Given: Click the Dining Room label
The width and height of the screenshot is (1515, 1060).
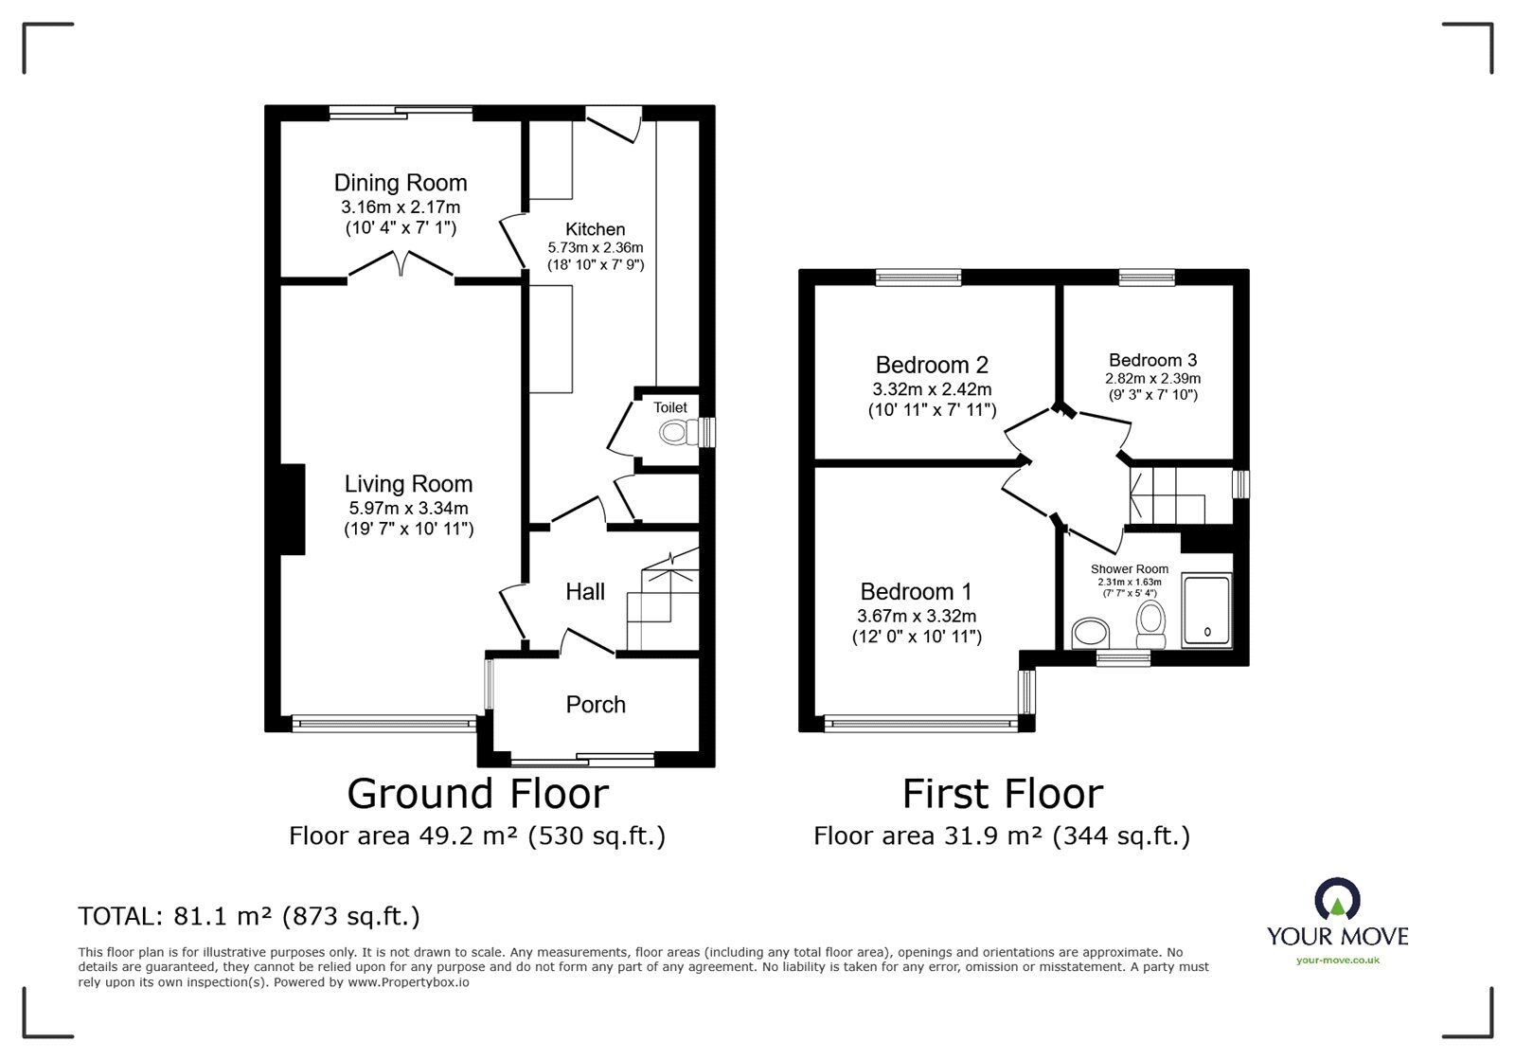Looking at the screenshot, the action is click(401, 183).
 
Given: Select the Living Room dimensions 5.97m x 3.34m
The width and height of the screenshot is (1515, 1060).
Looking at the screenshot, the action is click(408, 508).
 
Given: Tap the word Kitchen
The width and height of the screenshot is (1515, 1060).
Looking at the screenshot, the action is click(596, 229).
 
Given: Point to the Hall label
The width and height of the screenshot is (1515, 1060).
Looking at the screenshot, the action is click(585, 592).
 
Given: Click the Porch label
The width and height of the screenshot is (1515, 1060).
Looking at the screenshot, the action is click(596, 705).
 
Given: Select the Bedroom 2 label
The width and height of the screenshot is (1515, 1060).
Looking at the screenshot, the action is click(932, 366).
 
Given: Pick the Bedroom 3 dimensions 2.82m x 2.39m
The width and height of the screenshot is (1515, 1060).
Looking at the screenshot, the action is click(1153, 378).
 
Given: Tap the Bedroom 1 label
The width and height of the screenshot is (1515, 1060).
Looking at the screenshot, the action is click(916, 592).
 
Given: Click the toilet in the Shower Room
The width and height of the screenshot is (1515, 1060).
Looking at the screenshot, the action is click(1150, 625).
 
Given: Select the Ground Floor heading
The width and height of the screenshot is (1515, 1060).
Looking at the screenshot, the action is click(477, 794).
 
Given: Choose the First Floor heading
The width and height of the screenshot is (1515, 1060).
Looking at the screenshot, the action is click(1003, 794).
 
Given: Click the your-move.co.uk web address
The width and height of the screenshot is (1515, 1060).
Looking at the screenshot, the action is click(1337, 961).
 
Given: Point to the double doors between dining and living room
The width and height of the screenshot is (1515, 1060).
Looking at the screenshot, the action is click(401, 264).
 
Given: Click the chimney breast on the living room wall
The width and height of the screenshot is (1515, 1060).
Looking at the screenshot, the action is click(293, 510).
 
